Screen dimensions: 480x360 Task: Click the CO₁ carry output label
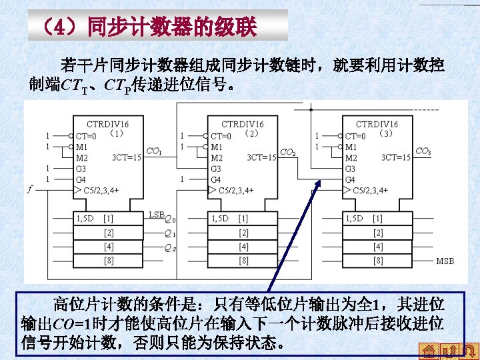point(153,151)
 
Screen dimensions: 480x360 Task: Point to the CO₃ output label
point(423,152)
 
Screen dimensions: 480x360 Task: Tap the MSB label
point(445,261)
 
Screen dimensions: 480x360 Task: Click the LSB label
point(156,214)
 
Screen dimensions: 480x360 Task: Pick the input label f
point(29,189)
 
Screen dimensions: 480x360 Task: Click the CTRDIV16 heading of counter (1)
point(108,124)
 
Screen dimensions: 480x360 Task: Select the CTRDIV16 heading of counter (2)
point(242,124)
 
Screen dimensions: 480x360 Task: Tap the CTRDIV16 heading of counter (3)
point(377,124)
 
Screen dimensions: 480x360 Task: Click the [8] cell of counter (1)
point(108,260)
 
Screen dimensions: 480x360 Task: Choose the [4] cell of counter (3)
point(377,247)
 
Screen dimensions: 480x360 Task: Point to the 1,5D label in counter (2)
point(219,218)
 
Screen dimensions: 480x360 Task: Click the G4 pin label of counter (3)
point(351,179)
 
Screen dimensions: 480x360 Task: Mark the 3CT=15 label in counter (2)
point(261,158)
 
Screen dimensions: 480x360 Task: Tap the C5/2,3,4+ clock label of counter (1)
point(103,190)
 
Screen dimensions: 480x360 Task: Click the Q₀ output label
point(170,220)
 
